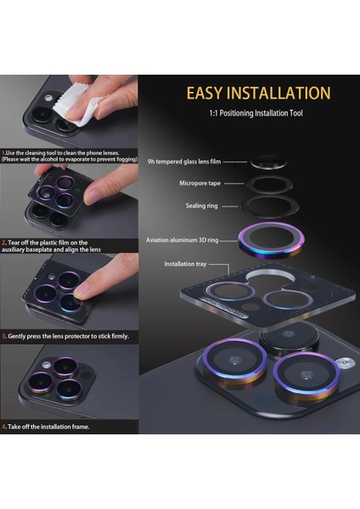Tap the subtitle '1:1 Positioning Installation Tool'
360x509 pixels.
[x=256, y=113]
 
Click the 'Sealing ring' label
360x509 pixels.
[x=203, y=205]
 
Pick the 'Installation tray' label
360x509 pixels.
[x=186, y=264]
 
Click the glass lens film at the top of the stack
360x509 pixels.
[x=267, y=160]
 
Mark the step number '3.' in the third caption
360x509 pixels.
[x=4, y=336]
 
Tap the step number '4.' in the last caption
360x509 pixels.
[x=4, y=427]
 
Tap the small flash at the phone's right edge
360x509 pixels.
[x=343, y=363]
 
